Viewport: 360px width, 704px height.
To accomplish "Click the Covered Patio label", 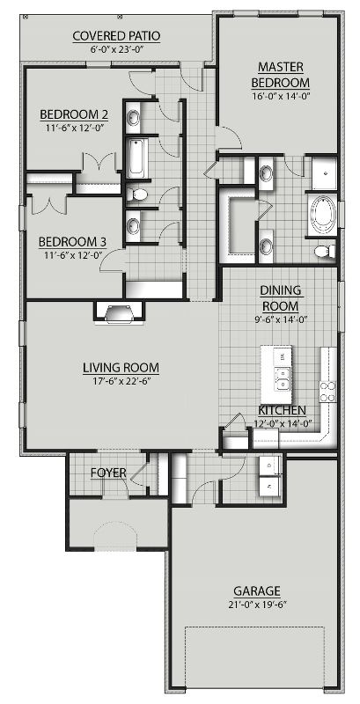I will point(117,35).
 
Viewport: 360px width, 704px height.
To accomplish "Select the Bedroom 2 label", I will point(73,114).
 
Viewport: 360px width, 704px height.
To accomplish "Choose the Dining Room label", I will point(280,297).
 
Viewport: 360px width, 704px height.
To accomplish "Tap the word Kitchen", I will point(282,410).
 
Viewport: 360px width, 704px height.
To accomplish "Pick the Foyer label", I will point(108,473).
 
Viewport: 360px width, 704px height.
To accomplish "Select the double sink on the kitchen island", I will point(283,379).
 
